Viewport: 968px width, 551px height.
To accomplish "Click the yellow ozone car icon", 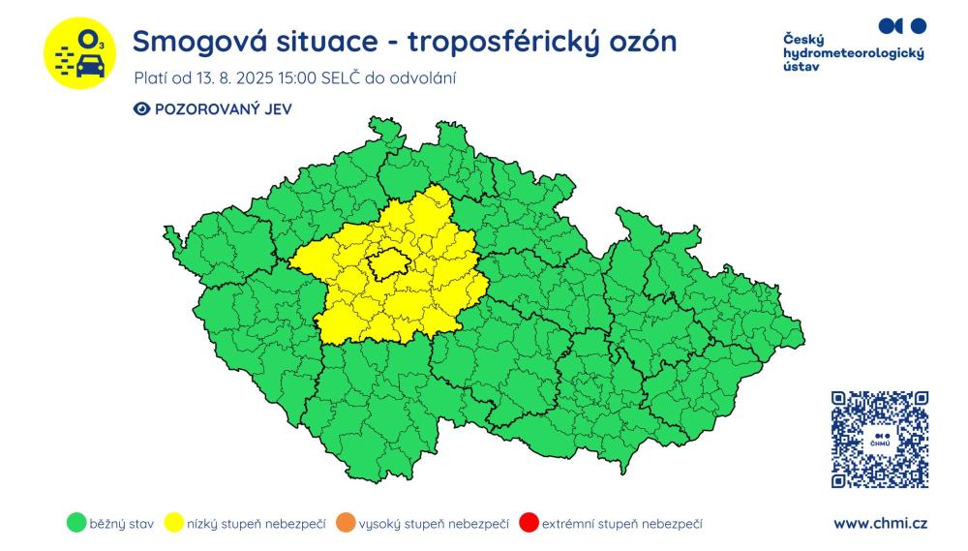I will tap(80, 54).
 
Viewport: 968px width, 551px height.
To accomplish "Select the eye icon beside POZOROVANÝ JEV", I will tap(141, 109).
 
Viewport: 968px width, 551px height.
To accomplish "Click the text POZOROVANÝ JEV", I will tap(223, 109).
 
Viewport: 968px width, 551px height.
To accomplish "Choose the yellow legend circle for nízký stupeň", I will tap(175, 524).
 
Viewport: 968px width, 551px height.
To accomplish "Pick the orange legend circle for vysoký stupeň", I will tap(345, 524).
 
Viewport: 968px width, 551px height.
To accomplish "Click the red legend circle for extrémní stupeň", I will tap(529, 524).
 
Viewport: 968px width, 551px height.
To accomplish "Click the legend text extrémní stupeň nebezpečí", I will tap(622, 524).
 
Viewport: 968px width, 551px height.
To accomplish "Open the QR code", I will tap(879, 439).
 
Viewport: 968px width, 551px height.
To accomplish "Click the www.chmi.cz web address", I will tap(880, 524).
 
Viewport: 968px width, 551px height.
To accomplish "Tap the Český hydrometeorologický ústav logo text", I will tap(852, 53).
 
